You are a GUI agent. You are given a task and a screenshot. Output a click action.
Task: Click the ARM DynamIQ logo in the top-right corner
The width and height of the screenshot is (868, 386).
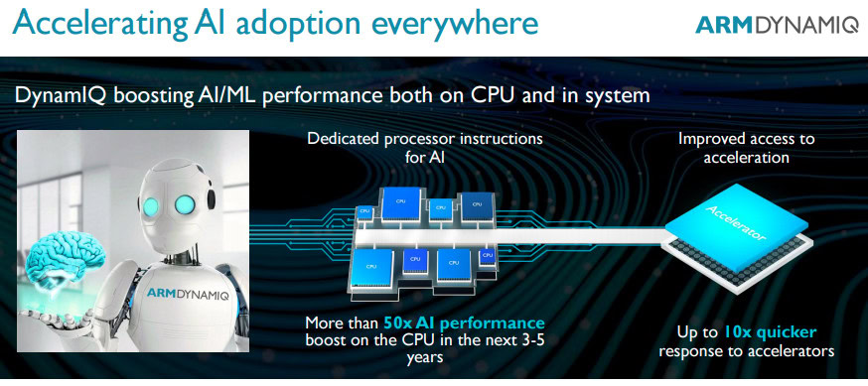[777, 25]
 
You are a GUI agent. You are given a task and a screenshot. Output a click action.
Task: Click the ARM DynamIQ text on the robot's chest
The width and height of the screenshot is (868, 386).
[188, 293]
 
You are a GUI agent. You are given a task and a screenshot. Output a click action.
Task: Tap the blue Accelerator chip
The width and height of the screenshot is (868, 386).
[736, 227]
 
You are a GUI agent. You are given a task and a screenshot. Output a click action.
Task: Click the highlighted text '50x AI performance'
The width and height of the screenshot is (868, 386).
[464, 322]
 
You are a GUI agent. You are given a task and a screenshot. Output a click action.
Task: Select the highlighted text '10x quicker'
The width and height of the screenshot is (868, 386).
[770, 332]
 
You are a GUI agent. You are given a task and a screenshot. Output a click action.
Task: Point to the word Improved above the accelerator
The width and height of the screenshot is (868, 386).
[710, 138]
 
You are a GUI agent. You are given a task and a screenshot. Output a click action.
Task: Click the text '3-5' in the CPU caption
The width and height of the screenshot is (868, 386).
[531, 340]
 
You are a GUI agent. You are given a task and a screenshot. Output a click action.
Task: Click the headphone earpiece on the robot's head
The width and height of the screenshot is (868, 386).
[211, 197]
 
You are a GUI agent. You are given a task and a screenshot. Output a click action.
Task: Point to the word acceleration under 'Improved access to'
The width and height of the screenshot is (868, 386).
[746, 157]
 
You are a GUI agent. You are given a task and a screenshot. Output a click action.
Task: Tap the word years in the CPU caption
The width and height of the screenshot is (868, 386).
[425, 358]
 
